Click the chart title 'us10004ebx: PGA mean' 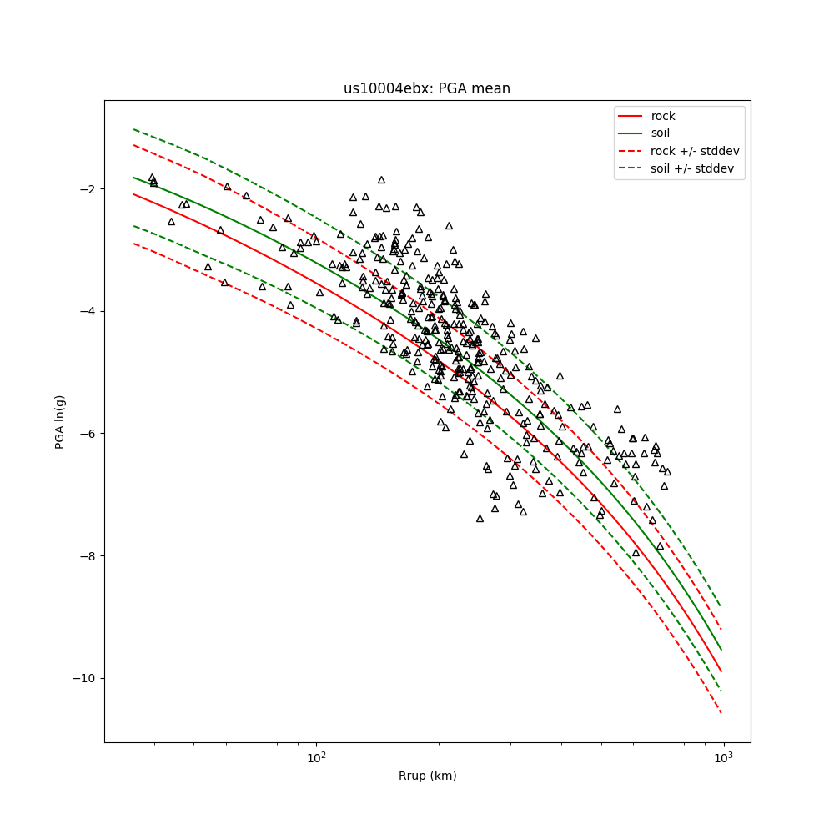coord(427,88)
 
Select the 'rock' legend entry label coord(664,115)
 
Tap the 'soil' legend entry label coord(661,133)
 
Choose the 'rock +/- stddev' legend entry coord(695,151)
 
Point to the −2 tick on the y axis coord(87,189)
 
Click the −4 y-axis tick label coord(87,311)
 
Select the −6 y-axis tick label coord(87,434)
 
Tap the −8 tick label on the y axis coord(87,556)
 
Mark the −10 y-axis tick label coord(83,678)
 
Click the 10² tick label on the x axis coord(316,756)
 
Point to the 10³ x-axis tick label coord(723,756)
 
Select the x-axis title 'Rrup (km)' coord(427,776)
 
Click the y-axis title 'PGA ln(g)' coord(60,421)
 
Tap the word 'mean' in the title coord(494,88)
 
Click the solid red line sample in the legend coord(631,115)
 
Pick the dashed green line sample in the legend coord(631,168)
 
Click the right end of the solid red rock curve coord(721,671)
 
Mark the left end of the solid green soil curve coord(133,177)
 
